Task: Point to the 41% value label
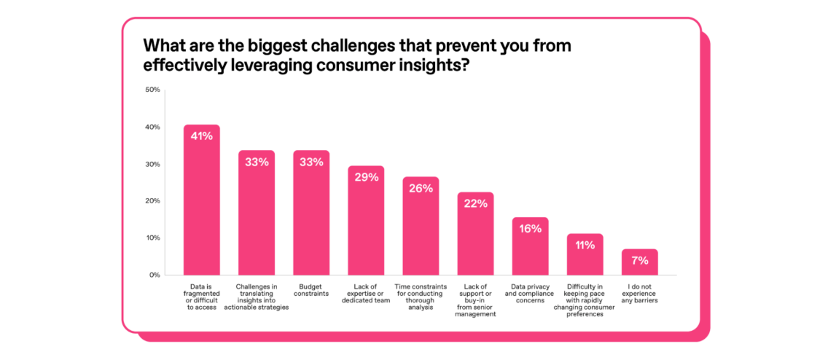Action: pos(202,136)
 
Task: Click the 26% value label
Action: pos(421,188)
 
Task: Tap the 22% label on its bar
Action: pos(475,203)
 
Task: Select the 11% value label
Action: pos(585,245)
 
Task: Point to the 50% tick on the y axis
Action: pos(152,90)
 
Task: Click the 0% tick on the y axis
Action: pos(155,275)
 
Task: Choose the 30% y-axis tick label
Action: pos(152,164)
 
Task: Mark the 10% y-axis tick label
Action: pos(152,238)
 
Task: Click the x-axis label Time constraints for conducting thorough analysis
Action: pos(421,297)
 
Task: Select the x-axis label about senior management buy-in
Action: pos(475,301)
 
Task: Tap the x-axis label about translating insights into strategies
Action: pos(257,297)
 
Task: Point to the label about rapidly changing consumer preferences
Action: pos(585,301)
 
